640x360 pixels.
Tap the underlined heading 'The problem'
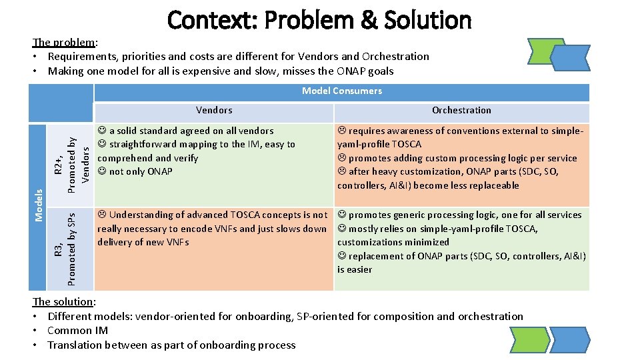[64, 43]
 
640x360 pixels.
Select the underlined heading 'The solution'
[64, 302]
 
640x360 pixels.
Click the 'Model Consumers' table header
[341, 91]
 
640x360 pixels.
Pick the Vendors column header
[214, 110]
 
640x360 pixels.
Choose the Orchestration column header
[461, 110]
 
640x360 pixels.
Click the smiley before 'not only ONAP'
[102, 172]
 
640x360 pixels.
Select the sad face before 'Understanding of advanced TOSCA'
[102, 215]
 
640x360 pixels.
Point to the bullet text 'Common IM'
[78, 331]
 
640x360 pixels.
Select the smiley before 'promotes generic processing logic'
[342, 215]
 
